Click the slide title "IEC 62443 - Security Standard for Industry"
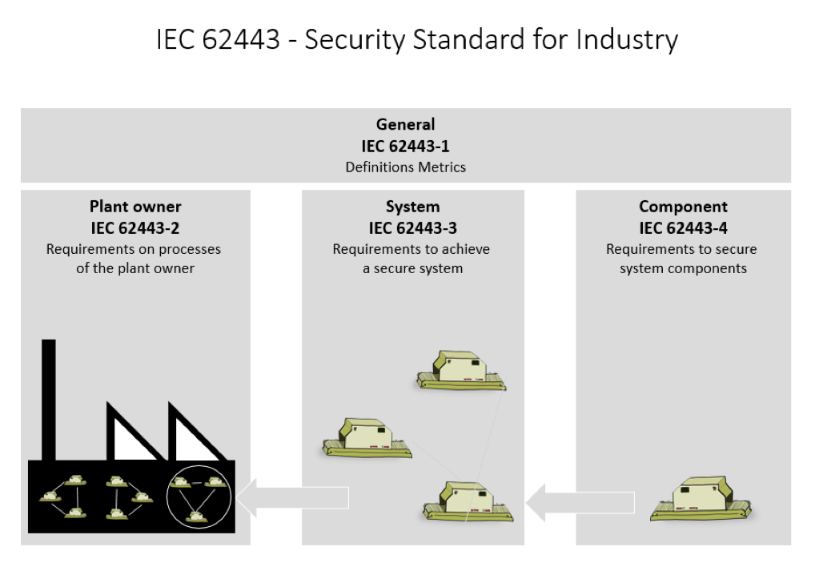pyautogui.click(x=417, y=38)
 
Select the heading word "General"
pyautogui.click(x=405, y=124)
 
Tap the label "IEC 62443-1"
pyautogui.click(x=405, y=146)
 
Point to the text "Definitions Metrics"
pyautogui.click(x=405, y=167)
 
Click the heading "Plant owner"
pyautogui.click(x=134, y=207)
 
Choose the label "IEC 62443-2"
pyautogui.click(x=134, y=228)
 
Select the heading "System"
pyautogui.click(x=412, y=207)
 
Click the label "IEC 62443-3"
pyautogui.click(x=412, y=228)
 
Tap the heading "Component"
pyautogui.click(x=683, y=207)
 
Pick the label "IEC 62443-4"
pyautogui.click(x=683, y=228)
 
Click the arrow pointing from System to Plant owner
pyautogui.click(x=293, y=498)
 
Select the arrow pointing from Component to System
pyautogui.click(x=580, y=502)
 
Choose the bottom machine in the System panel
pyautogui.click(x=468, y=501)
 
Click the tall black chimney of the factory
pyautogui.click(x=49, y=400)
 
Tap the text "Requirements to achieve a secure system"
pyautogui.click(x=412, y=259)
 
